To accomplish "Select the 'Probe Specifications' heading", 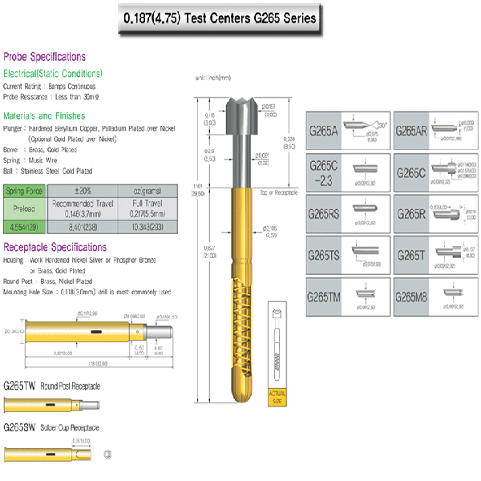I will tap(45, 57).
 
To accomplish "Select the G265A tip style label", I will tap(324, 131).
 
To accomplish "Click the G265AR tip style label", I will tap(411, 131).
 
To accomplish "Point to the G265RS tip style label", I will tap(325, 215).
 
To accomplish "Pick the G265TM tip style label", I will tap(325, 297).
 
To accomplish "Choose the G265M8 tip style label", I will tap(412, 297).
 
